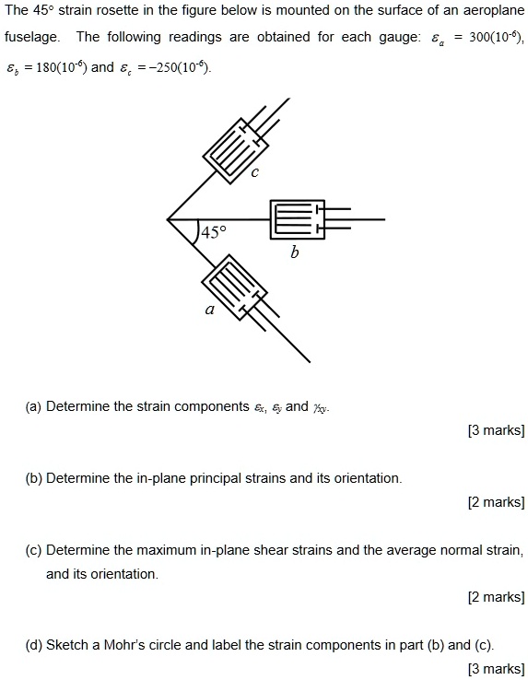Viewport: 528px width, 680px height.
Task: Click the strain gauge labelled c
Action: pyautogui.click(x=236, y=144)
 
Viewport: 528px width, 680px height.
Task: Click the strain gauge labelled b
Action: pyautogui.click(x=297, y=219)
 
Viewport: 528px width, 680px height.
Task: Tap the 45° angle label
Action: pyautogui.click(x=213, y=232)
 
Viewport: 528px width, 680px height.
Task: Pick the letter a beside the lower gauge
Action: pyautogui.click(x=209, y=311)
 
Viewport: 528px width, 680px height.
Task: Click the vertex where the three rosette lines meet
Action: pyautogui.click(x=168, y=219)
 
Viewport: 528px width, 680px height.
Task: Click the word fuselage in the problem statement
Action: pyautogui.click(x=32, y=37)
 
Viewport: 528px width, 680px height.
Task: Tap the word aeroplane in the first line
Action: pyautogui.click(x=493, y=12)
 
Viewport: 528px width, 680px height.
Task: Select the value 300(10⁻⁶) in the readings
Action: pyautogui.click(x=492, y=37)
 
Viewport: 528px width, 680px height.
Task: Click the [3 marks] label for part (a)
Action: pyautogui.click(x=497, y=429)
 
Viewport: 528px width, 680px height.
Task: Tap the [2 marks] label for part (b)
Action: pyautogui.click(x=497, y=501)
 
